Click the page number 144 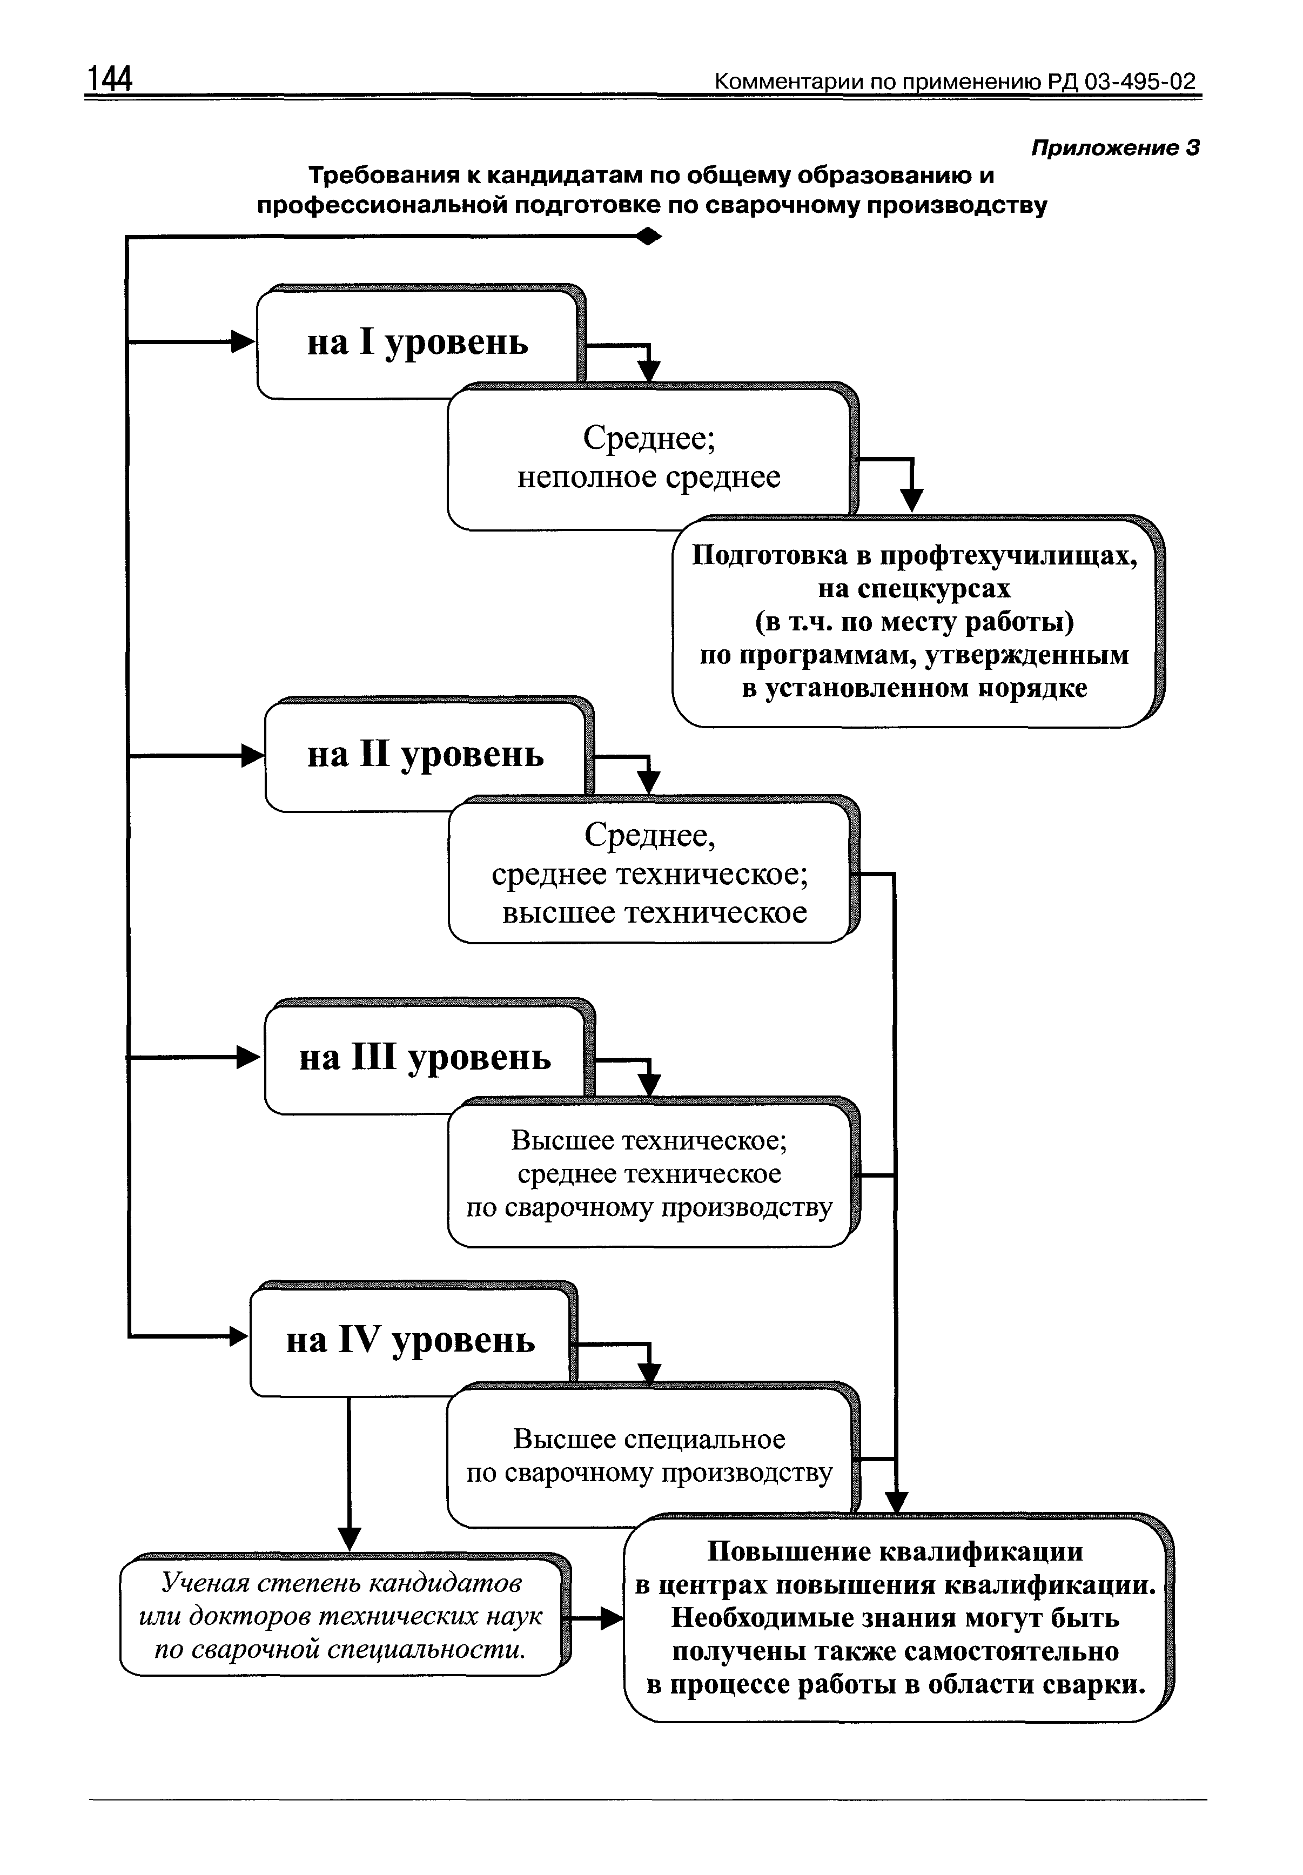pyautogui.click(x=110, y=80)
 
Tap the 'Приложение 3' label pyautogui.click(x=1115, y=148)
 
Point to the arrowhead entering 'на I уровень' pyautogui.click(x=244, y=342)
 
